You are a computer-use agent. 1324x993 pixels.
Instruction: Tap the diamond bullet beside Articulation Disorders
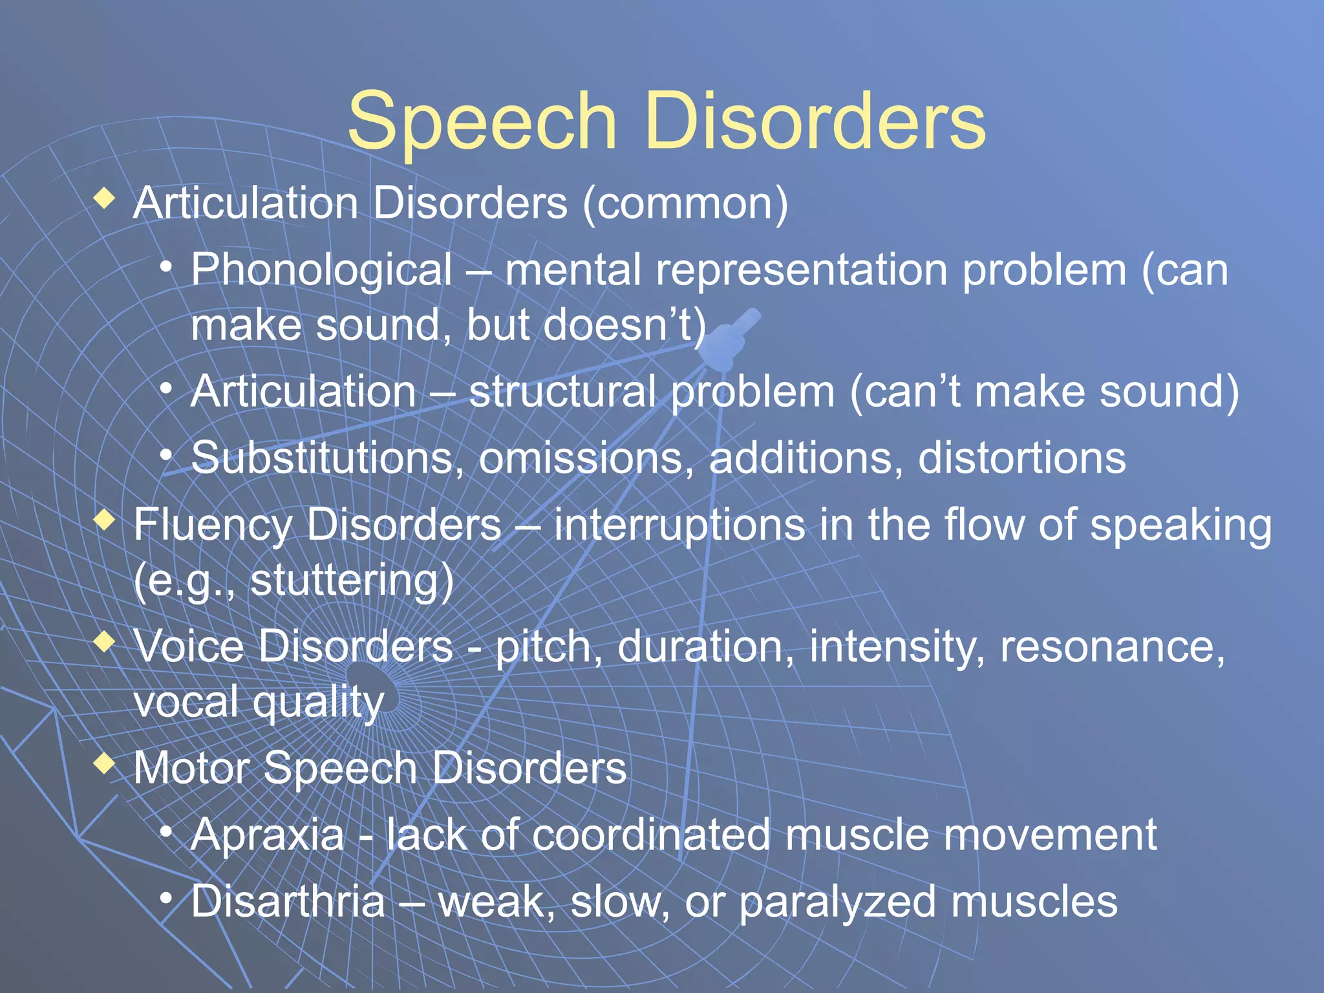[x=104, y=198]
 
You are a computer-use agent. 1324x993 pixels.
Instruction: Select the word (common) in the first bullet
[x=685, y=204]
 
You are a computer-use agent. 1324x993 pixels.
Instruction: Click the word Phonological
[x=321, y=270]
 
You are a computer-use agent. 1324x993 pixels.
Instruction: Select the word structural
[x=561, y=392]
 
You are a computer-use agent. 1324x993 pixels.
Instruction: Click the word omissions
[x=586, y=458]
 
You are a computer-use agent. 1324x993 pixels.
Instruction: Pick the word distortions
[x=1021, y=458]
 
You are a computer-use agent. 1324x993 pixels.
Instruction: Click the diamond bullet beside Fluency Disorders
[x=104, y=519]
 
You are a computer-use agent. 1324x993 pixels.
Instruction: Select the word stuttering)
[x=352, y=580]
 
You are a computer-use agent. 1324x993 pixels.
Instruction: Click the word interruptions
[x=679, y=524]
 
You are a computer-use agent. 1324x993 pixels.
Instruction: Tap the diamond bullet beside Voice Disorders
[x=104, y=642]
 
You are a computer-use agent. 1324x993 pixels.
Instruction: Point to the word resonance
[x=1112, y=646]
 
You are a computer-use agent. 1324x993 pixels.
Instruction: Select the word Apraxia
[x=268, y=835]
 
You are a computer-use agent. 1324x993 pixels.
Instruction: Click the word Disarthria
[x=288, y=901]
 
